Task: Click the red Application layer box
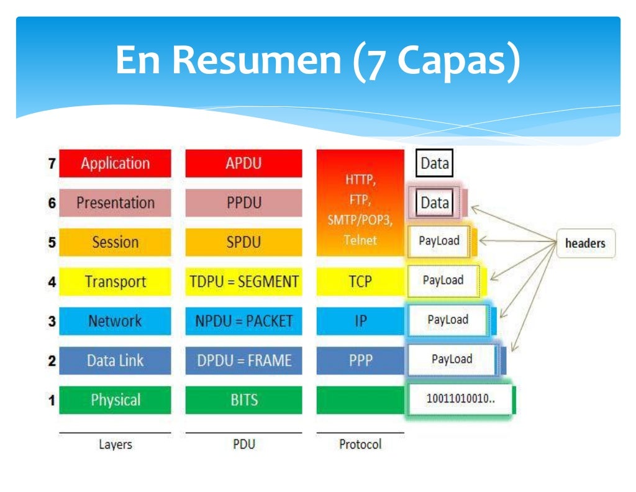115,164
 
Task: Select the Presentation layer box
115,203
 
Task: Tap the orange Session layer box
115,242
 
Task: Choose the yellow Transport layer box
115,282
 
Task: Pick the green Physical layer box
115,400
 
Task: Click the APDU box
243,164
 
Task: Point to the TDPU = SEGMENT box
243,282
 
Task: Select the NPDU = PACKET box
243,321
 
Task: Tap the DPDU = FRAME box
243,361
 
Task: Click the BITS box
243,400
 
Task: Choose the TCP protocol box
360,282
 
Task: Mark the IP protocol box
360,321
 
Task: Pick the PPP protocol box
360,361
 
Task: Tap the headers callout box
584,244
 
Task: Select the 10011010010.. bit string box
460,399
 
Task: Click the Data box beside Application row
435,164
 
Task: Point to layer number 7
52,164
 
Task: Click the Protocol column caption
360,445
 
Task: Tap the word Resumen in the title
257,61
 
